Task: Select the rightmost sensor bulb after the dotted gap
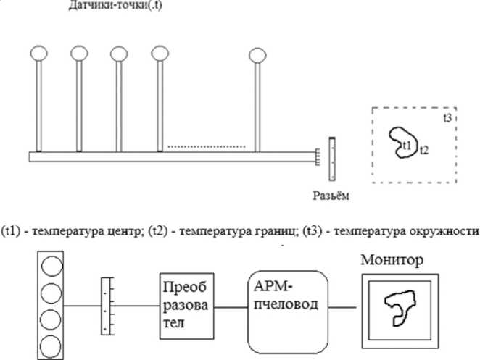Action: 257,54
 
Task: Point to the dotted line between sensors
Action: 207,147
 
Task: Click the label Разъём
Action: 333,195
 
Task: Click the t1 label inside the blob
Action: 407,147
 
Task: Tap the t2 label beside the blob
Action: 424,151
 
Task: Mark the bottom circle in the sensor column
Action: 49,343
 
